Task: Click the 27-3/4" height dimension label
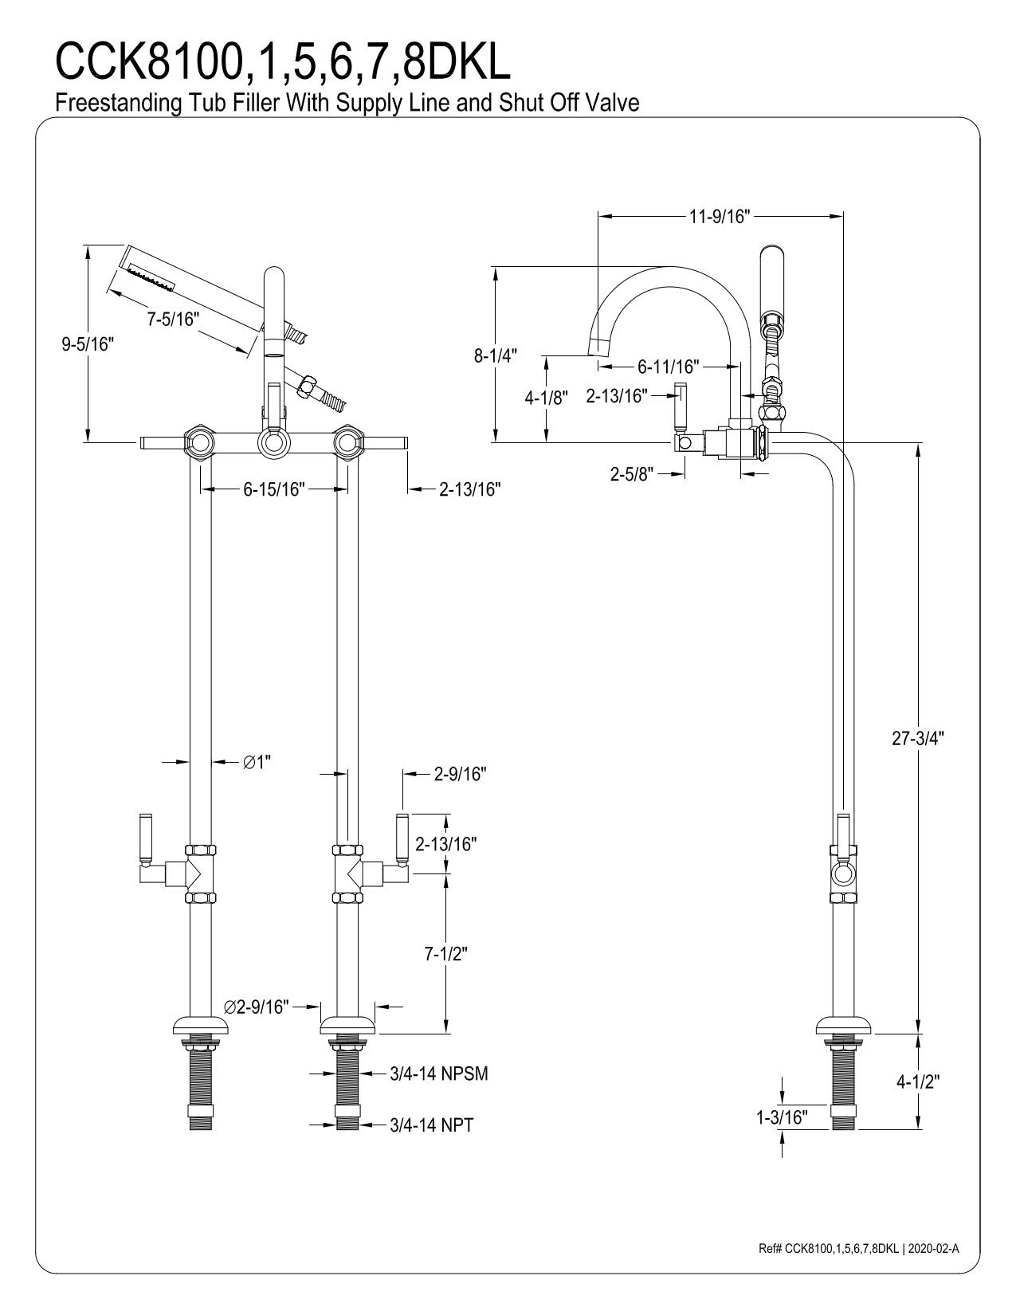(917, 738)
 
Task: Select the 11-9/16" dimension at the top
(720, 217)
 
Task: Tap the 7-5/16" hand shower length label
(171, 320)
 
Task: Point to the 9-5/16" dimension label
(88, 344)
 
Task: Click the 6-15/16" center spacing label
(275, 489)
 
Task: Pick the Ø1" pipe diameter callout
(257, 763)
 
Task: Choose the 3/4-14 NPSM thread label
(439, 1074)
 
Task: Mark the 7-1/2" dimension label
(445, 953)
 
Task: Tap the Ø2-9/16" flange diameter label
(257, 1007)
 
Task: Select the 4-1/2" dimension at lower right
(918, 1081)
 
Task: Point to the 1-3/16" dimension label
(782, 1117)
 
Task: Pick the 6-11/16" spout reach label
(668, 367)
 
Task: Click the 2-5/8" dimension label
(632, 474)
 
